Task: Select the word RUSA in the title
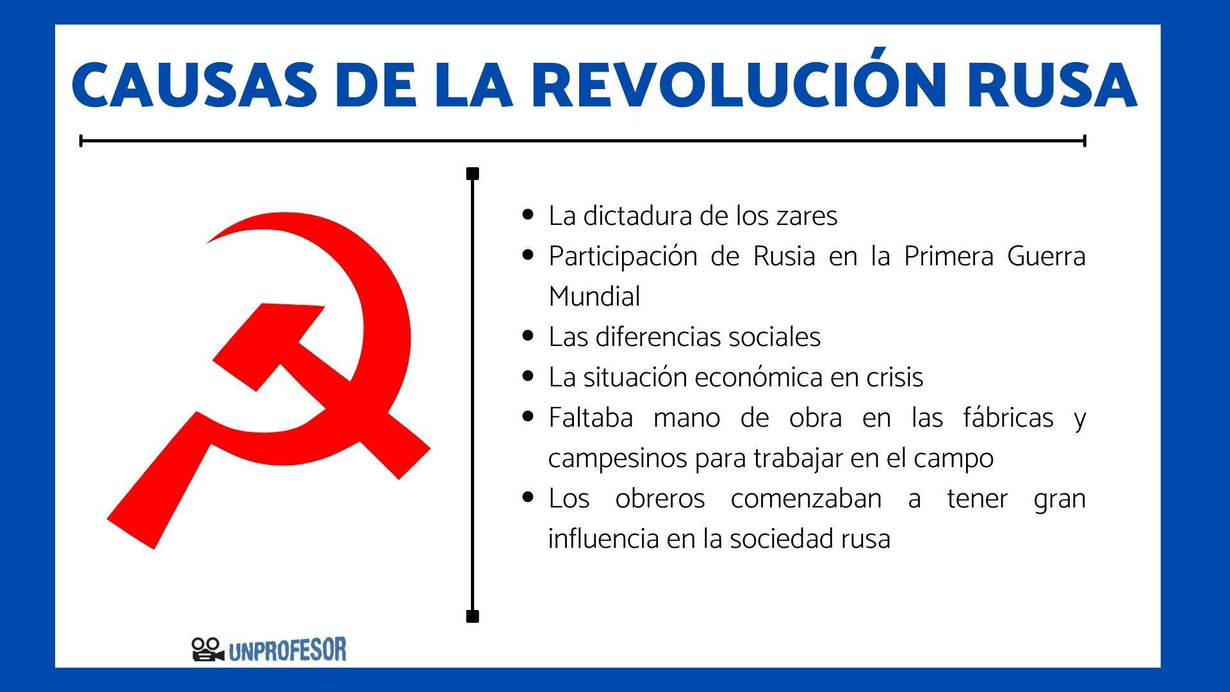[x=1051, y=85]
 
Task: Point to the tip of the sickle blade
[x=209, y=242]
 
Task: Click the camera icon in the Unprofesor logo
[x=207, y=649]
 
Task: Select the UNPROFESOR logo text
[x=287, y=650]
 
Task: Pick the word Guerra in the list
[x=1046, y=256]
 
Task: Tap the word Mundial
[x=594, y=297]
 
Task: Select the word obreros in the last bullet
[x=660, y=498]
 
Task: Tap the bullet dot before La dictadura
[x=528, y=215]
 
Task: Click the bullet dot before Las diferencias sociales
[x=528, y=336]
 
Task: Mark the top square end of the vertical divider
[x=473, y=174]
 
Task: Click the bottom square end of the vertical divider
[x=473, y=617]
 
